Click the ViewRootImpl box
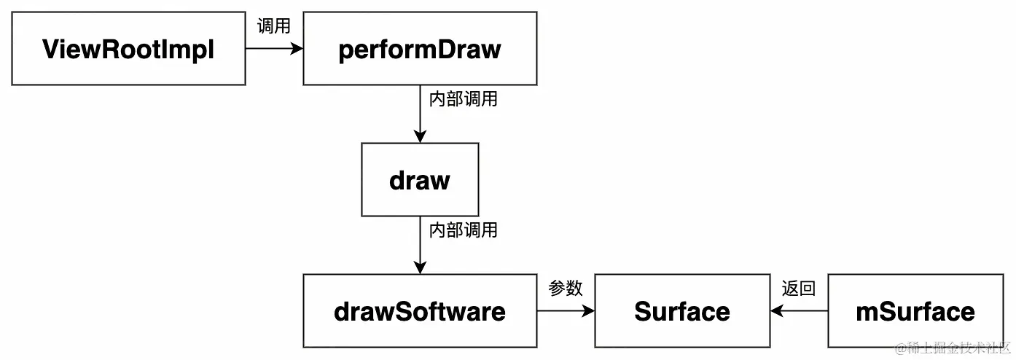click(128, 48)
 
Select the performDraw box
click(420, 48)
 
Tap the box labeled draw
click(420, 179)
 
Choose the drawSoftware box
click(420, 311)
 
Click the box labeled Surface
click(682, 311)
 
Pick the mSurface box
click(915, 311)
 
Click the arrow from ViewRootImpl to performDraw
click(273, 48)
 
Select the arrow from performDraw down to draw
click(420, 113)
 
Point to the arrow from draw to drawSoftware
click(420, 244)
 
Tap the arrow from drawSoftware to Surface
click(565, 311)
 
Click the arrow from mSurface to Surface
click(799, 311)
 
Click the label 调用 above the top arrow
click(274, 26)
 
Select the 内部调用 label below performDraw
click(463, 99)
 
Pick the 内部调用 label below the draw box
click(463, 230)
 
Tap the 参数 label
click(566, 289)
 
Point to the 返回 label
click(799, 289)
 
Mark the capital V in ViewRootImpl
click(52, 49)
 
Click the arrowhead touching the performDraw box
click(297, 48)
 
